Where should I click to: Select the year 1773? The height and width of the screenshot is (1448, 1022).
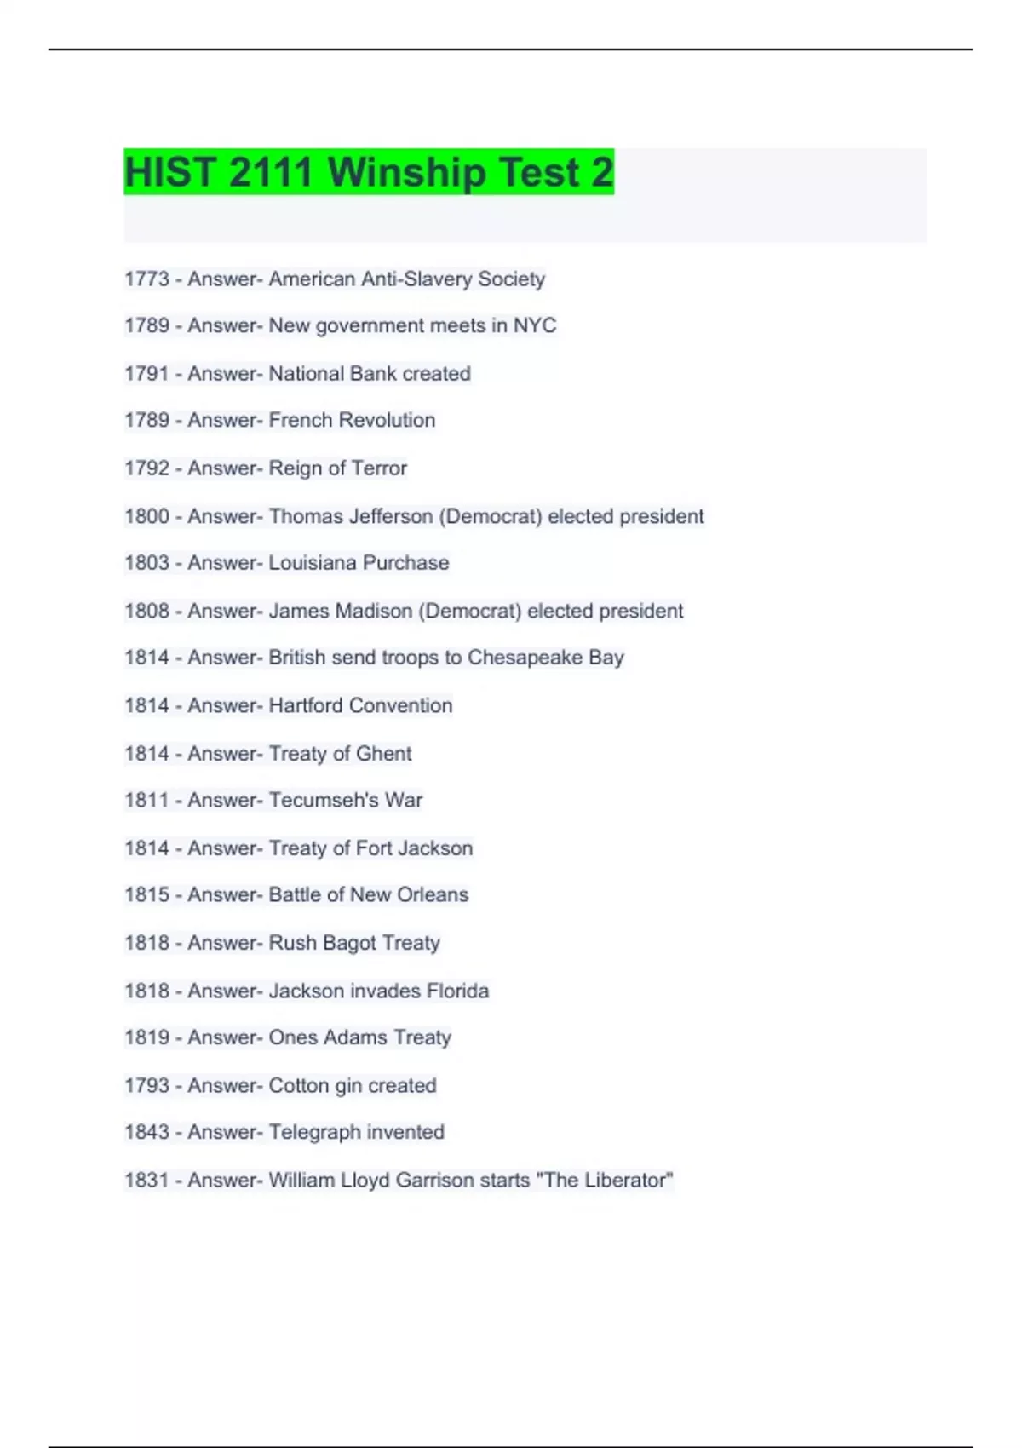click(146, 279)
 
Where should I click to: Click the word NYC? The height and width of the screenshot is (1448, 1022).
click(534, 325)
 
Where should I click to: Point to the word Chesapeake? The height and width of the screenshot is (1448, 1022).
click(525, 658)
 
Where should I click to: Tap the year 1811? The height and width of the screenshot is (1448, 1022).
click(146, 801)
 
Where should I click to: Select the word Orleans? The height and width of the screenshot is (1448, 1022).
click(433, 895)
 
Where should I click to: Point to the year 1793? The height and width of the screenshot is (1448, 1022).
click(146, 1086)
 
